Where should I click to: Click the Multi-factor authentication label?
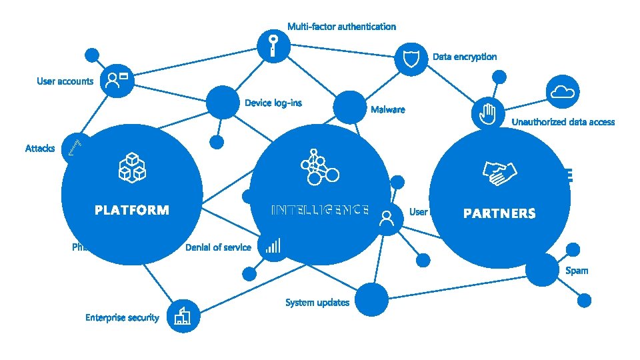[x=341, y=27]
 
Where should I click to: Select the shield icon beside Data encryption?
[x=410, y=59]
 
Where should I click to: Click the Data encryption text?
[x=465, y=57]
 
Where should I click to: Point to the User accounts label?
[x=65, y=81]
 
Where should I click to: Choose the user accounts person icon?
[x=118, y=81]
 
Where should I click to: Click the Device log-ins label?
[x=273, y=103]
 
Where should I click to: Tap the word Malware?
[x=387, y=109]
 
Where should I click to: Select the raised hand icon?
[x=488, y=114]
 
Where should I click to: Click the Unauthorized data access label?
[x=563, y=122]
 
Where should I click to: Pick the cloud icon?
[x=563, y=91]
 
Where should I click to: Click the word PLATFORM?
[x=132, y=211]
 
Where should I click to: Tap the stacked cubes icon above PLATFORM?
[x=132, y=167]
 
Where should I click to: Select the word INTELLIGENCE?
[x=320, y=210]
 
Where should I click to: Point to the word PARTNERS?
[x=499, y=214]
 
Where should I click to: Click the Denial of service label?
[x=218, y=247]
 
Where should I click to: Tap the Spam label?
[x=577, y=271]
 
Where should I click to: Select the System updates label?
[x=317, y=303]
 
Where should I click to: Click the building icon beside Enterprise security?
[x=182, y=315]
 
